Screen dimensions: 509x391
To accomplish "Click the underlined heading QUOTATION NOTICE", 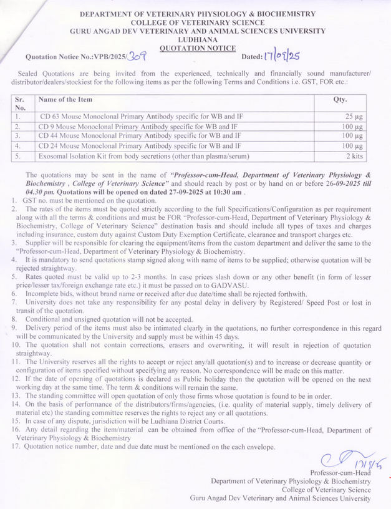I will tap(198, 47).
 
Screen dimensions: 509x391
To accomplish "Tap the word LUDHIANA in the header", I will tap(198, 39).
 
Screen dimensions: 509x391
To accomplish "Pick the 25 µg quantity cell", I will tap(353, 117).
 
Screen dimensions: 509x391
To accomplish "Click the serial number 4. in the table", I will tap(19, 146).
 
